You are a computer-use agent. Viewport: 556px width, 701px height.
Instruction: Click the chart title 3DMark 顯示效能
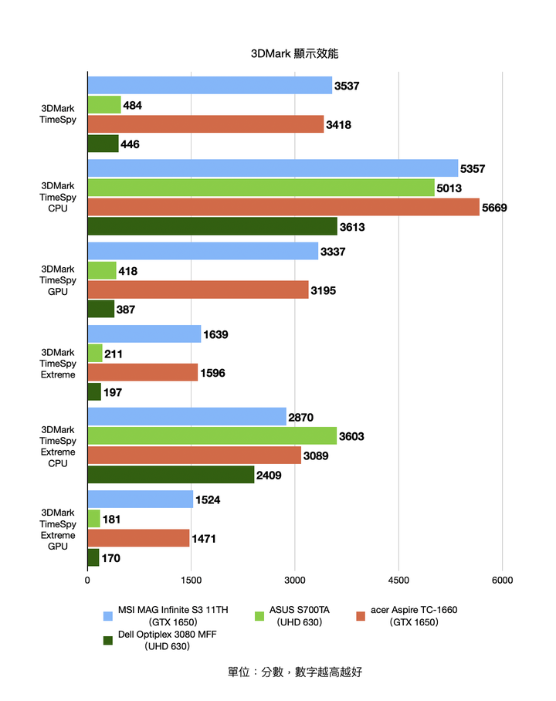(294, 54)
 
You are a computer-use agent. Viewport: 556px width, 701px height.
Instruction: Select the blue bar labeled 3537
(209, 86)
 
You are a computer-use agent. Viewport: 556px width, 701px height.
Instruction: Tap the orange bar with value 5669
(283, 208)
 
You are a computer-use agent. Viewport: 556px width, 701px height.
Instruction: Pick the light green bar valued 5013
(260, 188)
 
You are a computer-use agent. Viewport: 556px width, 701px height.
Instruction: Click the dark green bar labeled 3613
(212, 227)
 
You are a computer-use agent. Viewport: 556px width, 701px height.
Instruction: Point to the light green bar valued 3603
(212, 436)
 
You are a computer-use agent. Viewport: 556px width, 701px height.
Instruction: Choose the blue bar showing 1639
(144, 334)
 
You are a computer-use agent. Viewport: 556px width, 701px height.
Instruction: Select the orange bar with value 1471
(138, 538)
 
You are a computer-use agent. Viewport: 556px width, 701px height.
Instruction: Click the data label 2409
(269, 476)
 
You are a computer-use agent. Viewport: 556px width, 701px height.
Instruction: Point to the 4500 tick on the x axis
(398, 581)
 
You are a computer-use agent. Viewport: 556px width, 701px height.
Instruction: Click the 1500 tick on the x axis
(192, 581)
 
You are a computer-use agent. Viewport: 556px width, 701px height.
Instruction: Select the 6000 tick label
(502, 581)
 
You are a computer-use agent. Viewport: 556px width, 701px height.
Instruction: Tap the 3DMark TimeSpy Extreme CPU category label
(58, 446)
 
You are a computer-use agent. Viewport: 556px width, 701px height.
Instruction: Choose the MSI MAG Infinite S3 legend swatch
(108, 616)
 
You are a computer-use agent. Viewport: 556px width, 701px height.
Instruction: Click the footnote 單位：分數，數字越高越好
(294, 672)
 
